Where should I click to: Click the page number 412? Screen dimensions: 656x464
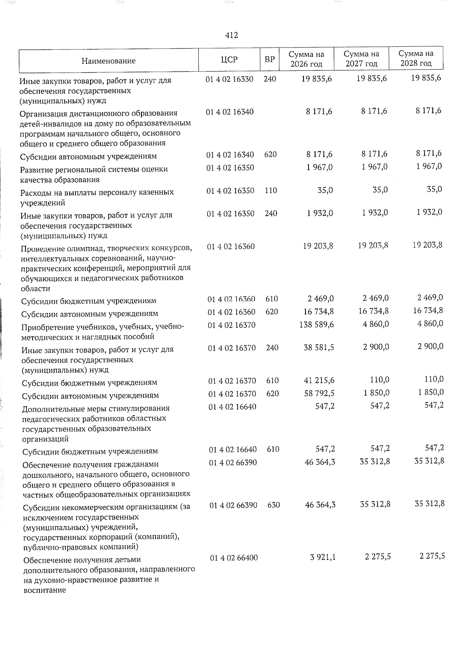231,36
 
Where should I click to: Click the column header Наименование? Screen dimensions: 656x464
108,61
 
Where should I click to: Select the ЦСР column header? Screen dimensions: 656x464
229,60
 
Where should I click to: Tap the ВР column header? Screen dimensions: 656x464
270,60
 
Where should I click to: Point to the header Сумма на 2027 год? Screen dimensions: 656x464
361,59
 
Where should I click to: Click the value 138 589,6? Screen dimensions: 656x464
317,325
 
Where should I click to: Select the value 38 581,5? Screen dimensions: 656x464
319,348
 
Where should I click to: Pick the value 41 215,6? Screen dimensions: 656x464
319,381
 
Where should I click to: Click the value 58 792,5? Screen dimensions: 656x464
319,394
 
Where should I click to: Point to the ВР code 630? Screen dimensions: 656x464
273,505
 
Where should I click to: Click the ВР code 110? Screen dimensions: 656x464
271,191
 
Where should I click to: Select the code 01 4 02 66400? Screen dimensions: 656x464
234,558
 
